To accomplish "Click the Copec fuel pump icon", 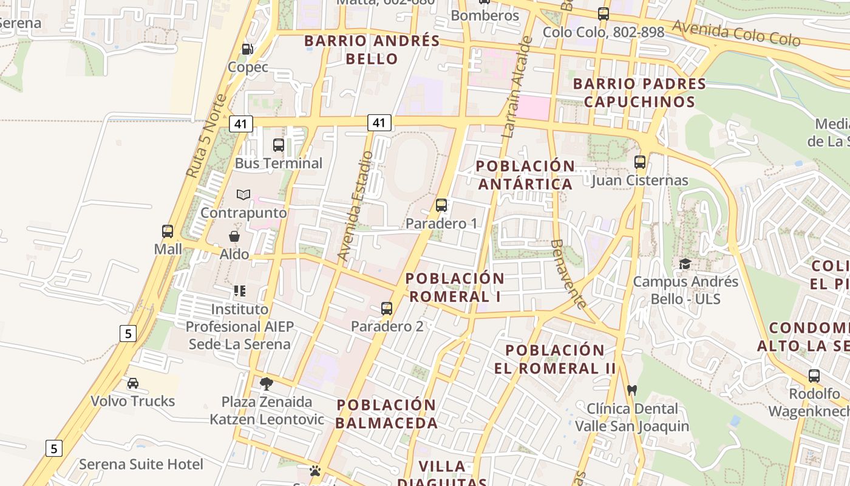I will [247, 49].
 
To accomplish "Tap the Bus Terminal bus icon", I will [279, 145].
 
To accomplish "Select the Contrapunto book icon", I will [243, 195].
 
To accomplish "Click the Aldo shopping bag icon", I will [234, 236].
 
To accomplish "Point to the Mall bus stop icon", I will [168, 231].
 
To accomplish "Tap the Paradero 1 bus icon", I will [441, 205].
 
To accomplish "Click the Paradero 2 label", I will [387, 326].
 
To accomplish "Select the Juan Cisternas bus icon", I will [640, 162].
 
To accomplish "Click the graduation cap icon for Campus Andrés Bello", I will [685, 264].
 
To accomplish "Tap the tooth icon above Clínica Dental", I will [631, 390].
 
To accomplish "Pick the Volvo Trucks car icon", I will [133, 383].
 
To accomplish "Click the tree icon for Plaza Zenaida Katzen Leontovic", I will [266, 384].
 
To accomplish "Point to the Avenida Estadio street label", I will [355, 207].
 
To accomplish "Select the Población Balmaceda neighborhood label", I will [387, 414].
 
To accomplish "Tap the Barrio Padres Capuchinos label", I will [639, 92].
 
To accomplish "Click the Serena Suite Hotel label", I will [141, 465].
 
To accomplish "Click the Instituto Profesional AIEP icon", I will [240, 291].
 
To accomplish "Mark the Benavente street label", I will [568, 273].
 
